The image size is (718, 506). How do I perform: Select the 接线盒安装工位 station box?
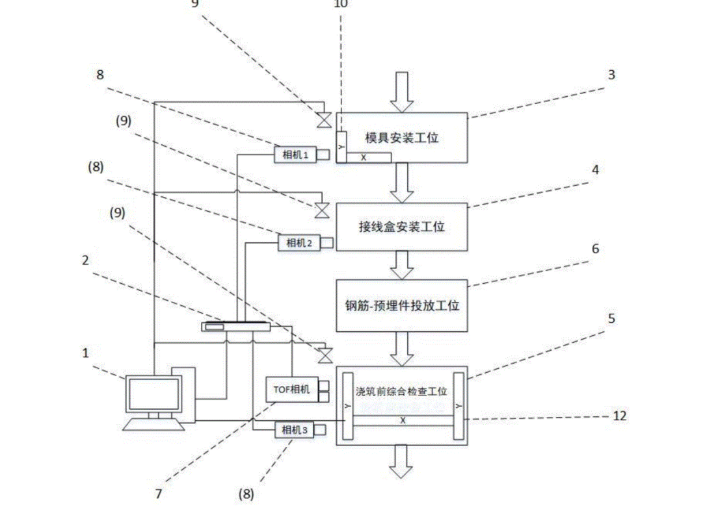(401, 227)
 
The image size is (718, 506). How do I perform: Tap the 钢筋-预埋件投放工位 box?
(401, 305)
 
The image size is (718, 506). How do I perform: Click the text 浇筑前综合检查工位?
(401, 392)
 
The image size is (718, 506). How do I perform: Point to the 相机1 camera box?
(296, 155)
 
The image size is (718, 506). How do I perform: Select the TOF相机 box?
(289, 390)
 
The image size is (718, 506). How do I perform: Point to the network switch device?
(235, 326)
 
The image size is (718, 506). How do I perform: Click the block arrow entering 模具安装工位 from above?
(401, 91)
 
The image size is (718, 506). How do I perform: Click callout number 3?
(611, 75)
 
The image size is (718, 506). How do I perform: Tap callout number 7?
(158, 494)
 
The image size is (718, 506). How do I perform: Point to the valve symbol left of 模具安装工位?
(323, 120)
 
